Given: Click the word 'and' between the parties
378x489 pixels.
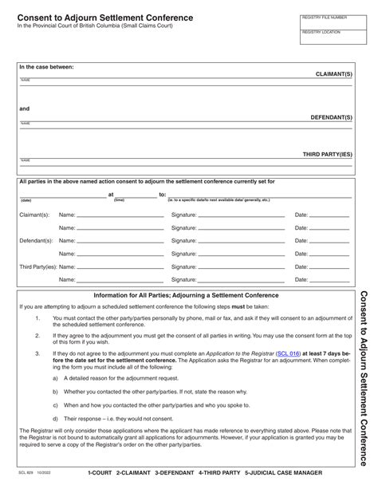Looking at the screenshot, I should pos(25,108).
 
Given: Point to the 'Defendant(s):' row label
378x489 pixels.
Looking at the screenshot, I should pos(37,240).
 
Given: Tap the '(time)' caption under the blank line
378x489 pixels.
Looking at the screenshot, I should pos(119,200).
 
